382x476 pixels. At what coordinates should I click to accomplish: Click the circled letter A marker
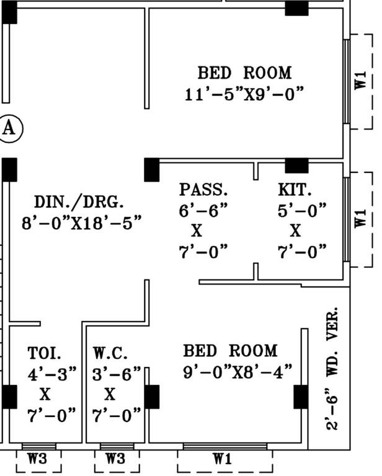9,128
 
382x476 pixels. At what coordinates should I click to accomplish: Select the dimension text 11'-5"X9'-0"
244,95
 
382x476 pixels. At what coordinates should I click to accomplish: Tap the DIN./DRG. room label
79,202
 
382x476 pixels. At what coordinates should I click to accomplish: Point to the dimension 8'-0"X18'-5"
82,223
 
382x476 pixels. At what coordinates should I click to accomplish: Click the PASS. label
204,189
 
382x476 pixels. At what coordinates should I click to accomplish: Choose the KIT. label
295,189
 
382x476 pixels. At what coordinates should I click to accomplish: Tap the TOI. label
45,353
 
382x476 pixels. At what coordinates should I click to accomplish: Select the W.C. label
110,353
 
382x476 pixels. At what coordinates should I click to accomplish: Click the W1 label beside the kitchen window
362,219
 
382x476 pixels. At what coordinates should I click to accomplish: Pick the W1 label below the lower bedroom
223,459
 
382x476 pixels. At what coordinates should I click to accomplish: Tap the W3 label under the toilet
38,459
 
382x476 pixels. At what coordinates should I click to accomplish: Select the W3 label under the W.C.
116,459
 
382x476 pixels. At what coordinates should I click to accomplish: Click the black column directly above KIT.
296,165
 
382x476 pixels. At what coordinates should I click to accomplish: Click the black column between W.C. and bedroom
151,397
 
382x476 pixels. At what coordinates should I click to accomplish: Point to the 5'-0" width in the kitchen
301,210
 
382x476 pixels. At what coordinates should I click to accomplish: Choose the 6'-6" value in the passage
204,210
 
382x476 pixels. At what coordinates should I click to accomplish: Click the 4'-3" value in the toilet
52,374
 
